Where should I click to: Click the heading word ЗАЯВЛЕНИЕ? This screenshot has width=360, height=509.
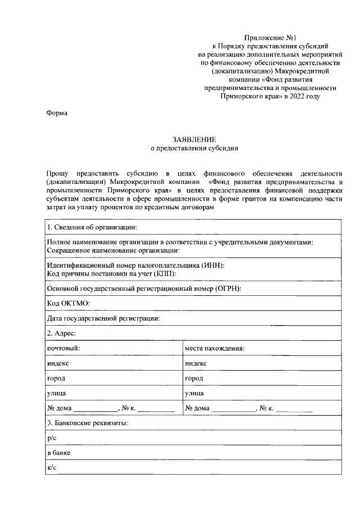[x=194, y=139]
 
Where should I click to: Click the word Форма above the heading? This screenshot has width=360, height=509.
[x=57, y=113]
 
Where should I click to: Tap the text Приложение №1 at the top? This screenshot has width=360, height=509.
[x=269, y=36]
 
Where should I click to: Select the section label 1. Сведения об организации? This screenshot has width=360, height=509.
[x=92, y=227]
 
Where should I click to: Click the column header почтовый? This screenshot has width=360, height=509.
[x=64, y=348]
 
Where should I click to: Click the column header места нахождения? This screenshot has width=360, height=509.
[x=214, y=348]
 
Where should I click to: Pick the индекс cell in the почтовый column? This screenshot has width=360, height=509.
[x=58, y=363]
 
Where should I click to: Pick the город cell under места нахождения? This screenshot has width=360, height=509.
[x=194, y=379]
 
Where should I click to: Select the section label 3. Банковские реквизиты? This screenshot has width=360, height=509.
[x=87, y=422]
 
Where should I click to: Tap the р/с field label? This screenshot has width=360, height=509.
[x=52, y=438]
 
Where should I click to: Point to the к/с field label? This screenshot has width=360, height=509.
[x=52, y=467]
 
